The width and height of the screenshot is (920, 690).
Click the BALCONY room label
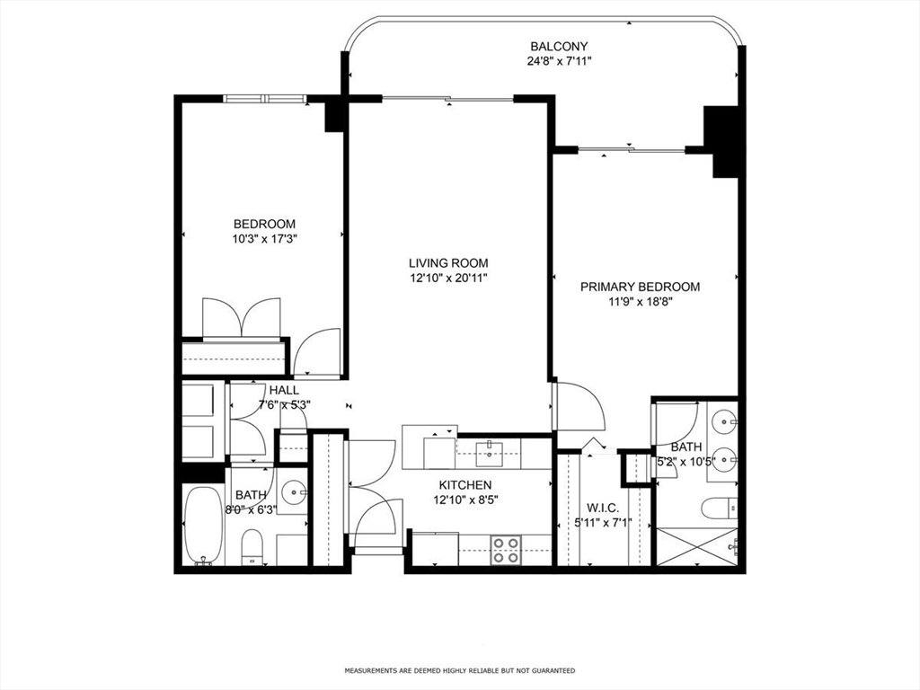coord(559,47)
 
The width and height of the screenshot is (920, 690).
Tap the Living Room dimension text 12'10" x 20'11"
coord(448,279)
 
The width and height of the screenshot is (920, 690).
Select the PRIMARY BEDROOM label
coord(640,287)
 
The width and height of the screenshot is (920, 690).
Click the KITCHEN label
coord(465,485)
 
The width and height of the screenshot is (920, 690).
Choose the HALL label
coord(284,390)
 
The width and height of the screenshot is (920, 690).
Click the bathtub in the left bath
coord(203,525)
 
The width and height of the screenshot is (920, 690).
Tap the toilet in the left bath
coord(252,546)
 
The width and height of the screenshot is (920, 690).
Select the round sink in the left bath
coord(293,491)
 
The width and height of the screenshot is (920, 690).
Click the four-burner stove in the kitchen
coord(505,551)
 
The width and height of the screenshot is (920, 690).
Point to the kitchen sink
coord(488,451)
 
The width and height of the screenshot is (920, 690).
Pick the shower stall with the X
coord(696,547)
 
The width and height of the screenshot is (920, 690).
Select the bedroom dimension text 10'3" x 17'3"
coord(264,239)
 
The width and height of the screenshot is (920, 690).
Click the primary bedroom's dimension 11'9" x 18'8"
coord(640,302)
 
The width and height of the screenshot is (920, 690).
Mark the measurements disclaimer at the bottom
coord(459,670)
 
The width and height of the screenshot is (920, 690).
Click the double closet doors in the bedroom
coord(242,318)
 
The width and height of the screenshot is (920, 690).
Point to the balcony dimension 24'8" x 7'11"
coord(559,61)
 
